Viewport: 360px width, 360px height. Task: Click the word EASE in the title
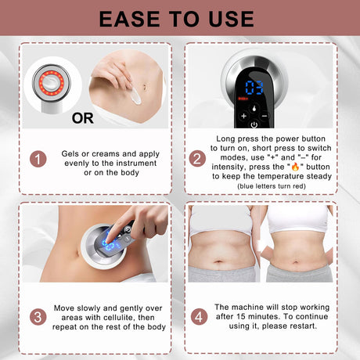130,19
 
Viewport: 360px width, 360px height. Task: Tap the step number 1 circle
38,159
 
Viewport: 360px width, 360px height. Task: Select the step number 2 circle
197,159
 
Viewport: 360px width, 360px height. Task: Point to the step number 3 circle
38,317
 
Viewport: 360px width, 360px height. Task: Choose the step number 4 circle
199,317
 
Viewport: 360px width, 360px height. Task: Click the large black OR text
83,118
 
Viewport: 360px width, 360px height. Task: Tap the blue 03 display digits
254,88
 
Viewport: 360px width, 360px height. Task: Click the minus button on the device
265,116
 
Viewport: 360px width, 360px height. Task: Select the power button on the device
254,124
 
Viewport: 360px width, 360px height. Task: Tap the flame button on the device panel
254,108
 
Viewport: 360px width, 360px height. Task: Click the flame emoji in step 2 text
295,167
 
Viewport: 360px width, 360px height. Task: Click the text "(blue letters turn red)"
272,186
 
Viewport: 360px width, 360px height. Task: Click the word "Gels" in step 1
70,153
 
